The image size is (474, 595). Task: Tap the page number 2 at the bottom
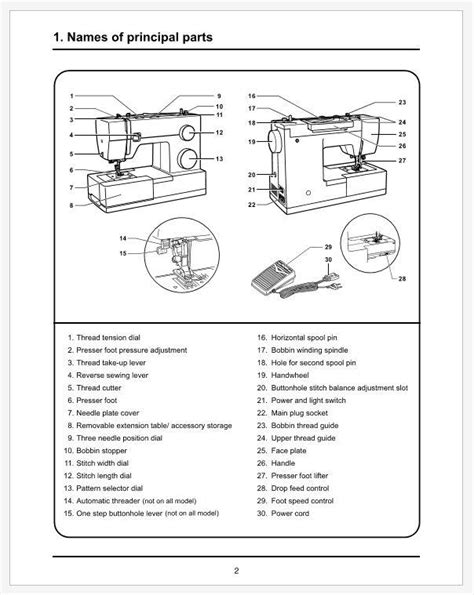(237, 571)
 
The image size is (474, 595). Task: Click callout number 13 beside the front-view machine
(219, 159)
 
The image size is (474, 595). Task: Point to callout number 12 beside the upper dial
(219, 132)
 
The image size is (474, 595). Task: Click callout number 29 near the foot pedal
(328, 246)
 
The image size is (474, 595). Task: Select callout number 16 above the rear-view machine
(252, 95)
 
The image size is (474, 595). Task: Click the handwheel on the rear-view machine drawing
(269, 143)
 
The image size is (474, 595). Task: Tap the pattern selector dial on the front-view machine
(186, 159)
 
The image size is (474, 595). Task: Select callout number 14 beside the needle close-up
(122, 238)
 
